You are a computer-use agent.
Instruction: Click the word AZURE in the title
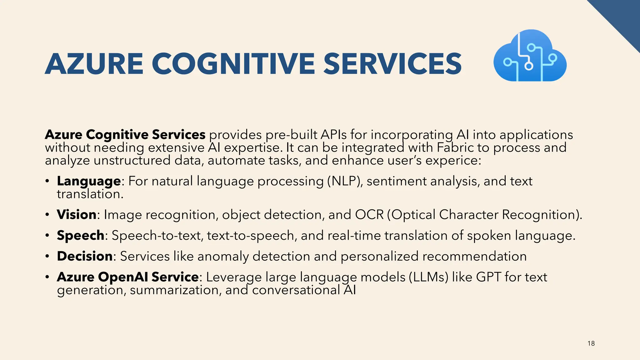pyautogui.click(x=94, y=64)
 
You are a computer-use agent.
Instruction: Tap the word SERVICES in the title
pyautogui.click(x=392, y=64)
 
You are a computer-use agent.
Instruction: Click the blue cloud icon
pyautogui.click(x=530, y=56)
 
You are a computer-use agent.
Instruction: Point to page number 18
pyautogui.click(x=591, y=343)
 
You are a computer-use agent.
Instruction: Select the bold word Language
pyautogui.click(x=89, y=181)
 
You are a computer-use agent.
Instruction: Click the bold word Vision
pyautogui.click(x=77, y=215)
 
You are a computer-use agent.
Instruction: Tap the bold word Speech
pyautogui.click(x=80, y=235)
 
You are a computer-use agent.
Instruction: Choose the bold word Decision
pyautogui.click(x=85, y=256)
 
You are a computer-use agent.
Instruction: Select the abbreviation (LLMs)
pyautogui.click(x=428, y=277)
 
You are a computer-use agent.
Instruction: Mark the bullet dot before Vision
pyautogui.click(x=47, y=215)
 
